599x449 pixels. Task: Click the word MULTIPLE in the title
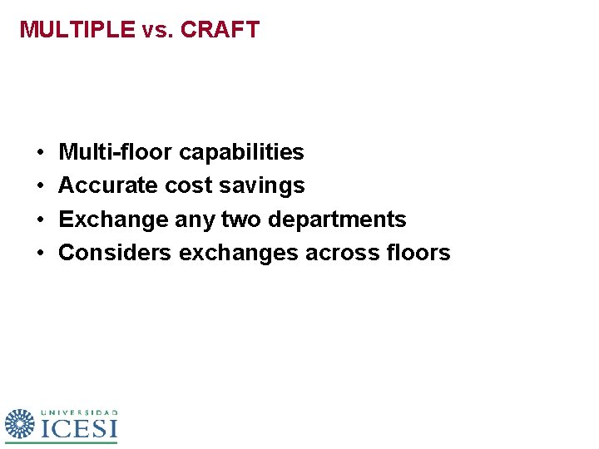tap(77, 30)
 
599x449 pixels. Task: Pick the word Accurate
tap(108, 185)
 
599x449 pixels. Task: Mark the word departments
tap(337, 220)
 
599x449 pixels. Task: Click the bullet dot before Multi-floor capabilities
tap(40, 153)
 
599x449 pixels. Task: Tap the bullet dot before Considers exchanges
tap(40, 253)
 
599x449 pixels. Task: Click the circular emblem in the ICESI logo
tap(20, 424)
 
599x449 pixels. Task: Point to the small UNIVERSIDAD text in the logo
tap(79, 412)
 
